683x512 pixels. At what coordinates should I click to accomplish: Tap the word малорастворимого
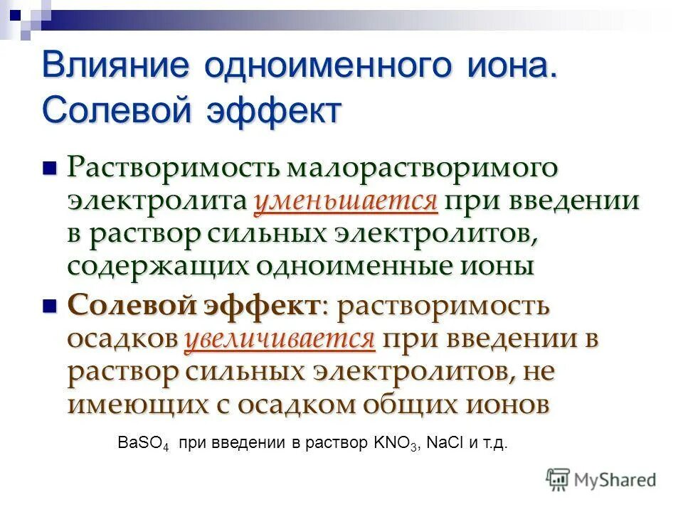coord(423,169)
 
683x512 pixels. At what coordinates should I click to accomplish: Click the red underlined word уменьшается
coord(346,202)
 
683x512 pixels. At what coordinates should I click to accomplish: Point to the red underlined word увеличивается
coord(280,339)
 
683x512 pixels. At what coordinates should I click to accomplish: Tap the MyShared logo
coord(601,479)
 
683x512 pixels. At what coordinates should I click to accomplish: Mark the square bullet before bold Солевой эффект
coord(49,306)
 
